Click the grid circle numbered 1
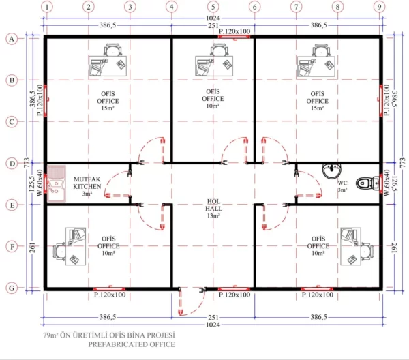(x=46, y=7)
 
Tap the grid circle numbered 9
(x=379, y=7)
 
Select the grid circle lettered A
(x=10, y=39)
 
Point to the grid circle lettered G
(x=10, y=288)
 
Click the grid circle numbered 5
(x=213, y=7)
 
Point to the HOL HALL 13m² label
(x=213, y=209)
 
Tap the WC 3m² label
(x=342, y=186)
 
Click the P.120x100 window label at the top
(x=234, y=31)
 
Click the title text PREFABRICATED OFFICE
(x=131, y=345)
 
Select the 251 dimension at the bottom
(x=213, y=318)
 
